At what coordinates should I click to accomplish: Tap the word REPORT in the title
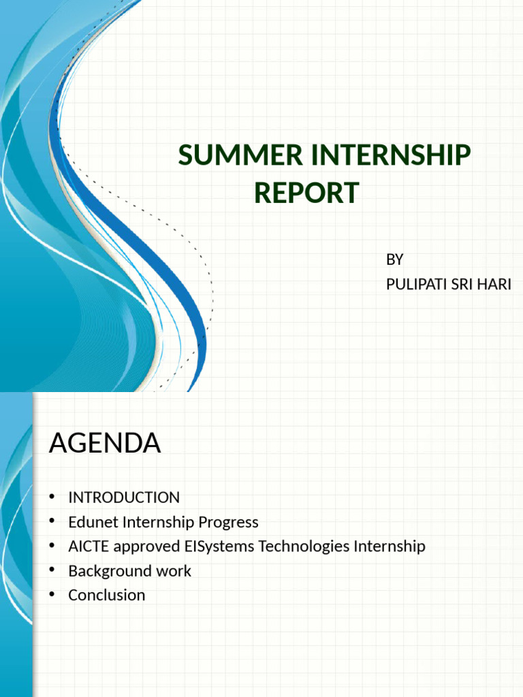click(x=306, y=193)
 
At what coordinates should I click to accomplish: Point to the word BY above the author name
click(x=395, y=259)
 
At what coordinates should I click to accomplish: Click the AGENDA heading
click(x=105, y=444)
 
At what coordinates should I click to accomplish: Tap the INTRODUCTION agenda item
click(x=124, y=498)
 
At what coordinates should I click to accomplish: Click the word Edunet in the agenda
click(x=92, y=522)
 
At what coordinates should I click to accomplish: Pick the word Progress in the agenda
click(x=228, y=522)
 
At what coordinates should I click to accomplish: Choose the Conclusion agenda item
click(x=106, y=595)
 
